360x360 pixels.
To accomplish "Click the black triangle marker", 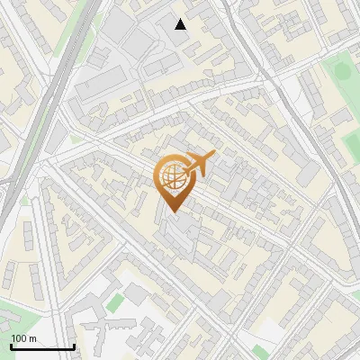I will [x=181, y=24].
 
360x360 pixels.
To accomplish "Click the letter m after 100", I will [x=32, y=338].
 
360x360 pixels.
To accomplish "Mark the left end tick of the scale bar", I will [x=11, y=346].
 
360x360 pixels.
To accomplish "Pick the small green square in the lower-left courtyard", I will [x=114, y=302].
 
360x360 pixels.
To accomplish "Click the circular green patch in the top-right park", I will [x=339, y=70].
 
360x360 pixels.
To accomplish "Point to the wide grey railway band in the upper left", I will [x=49, y=90].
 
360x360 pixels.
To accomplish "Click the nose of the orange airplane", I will [x=213, y=157].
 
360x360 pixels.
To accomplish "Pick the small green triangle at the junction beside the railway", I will [x=76, y=139].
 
